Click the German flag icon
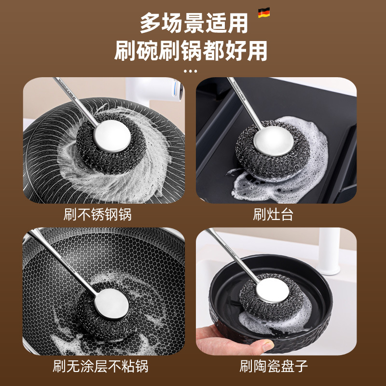pos(263,14)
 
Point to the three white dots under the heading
pos(191,71)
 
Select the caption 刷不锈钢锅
pos(97,214)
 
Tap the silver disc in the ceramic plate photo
pos(271,289)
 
